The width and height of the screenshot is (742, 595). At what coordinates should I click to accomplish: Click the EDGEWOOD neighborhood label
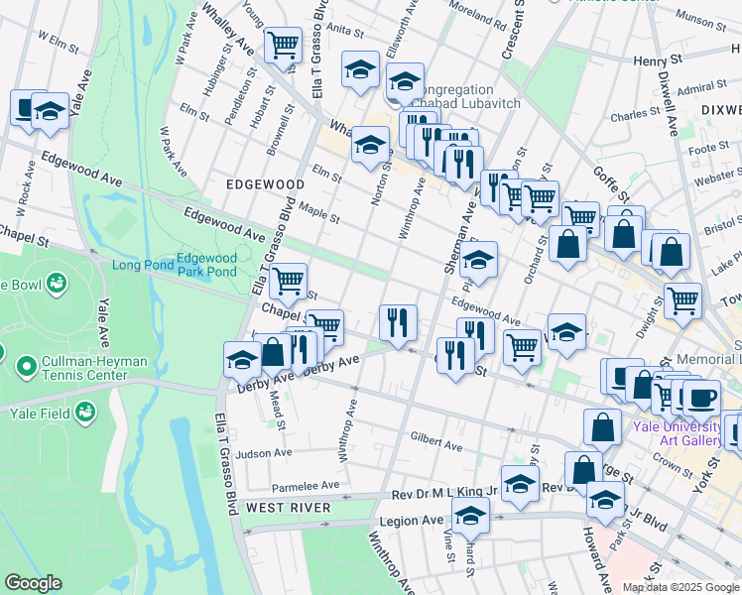click(265, 184)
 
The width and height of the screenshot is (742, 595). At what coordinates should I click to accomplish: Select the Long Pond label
click(140, 265)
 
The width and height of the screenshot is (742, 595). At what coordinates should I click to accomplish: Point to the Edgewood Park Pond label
click(206, 265)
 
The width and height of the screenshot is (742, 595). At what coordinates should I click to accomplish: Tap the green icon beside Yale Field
click(86, 411)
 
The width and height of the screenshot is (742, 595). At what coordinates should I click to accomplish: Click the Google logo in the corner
click(32, 583)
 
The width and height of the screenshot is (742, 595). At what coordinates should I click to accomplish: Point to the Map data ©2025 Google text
click(680, 587)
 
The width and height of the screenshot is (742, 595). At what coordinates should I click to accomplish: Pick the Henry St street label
click(659, 60)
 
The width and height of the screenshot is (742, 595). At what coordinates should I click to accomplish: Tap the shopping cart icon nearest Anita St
click(284, 46)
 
